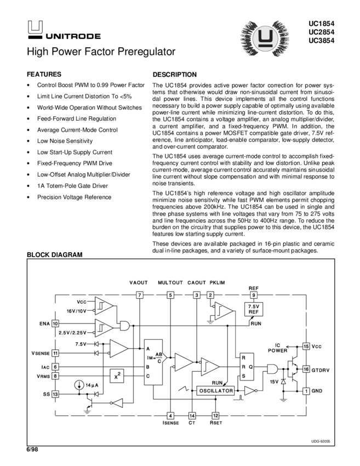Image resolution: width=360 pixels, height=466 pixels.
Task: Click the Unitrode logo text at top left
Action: pyautogui.click(x=73, y=37)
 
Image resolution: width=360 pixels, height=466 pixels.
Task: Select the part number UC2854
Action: pyautogui.click(x=321, y=32)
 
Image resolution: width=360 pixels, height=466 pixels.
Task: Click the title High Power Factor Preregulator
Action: pyautogui.click(x=101, y=52)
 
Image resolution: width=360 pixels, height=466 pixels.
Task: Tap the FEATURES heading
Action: pyautogui.click(x=44, y=74)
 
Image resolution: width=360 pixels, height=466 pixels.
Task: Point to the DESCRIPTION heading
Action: pyautogui.click(x=174, y=75)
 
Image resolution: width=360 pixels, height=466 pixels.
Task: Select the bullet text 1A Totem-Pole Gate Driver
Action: pyautogui.click(x=72, y=186)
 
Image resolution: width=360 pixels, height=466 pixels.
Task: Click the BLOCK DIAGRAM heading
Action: pyautogui.click(x=55, y=255)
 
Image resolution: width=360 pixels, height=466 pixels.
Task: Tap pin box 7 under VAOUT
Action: pyautogui.click(x=140, y=295)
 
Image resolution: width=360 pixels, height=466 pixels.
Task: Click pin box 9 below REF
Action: pyautogui.click(x=253, y=295)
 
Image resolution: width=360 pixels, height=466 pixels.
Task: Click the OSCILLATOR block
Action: pyautogui.click(x=216, y=391)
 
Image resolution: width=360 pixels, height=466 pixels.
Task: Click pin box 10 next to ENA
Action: pyautogui.click(x=55, y=324)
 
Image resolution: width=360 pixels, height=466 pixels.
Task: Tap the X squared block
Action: pyautogui.click(x=117, y=376)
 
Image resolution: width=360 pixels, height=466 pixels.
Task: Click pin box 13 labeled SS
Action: pyautogui.click(x=55, y=394)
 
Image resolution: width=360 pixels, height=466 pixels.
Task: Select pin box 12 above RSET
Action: pyautogui.click(x=215, y=416)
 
